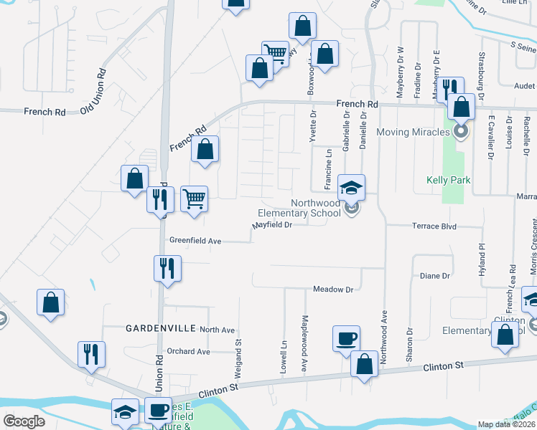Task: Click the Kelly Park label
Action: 449,180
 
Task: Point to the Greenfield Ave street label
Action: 195,242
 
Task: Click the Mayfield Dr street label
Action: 272,226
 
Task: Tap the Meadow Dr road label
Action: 334,290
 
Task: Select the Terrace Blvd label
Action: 434,226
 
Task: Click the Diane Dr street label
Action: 434,275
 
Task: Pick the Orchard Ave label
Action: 187,352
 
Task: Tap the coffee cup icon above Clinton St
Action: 347,338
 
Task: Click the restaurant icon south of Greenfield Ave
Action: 167,269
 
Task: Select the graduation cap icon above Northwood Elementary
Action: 352,188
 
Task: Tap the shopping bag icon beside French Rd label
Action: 205,150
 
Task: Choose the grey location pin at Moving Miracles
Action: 460,131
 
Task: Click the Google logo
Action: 24,421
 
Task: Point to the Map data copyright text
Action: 506,424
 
